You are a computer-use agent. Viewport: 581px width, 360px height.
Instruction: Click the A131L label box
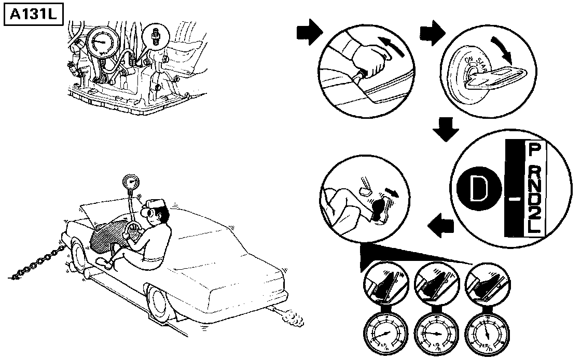tap(33, 15)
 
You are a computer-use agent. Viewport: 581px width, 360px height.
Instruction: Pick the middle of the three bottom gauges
tap(435, 333)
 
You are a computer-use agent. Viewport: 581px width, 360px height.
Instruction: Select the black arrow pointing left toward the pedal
tap(440, 225)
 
